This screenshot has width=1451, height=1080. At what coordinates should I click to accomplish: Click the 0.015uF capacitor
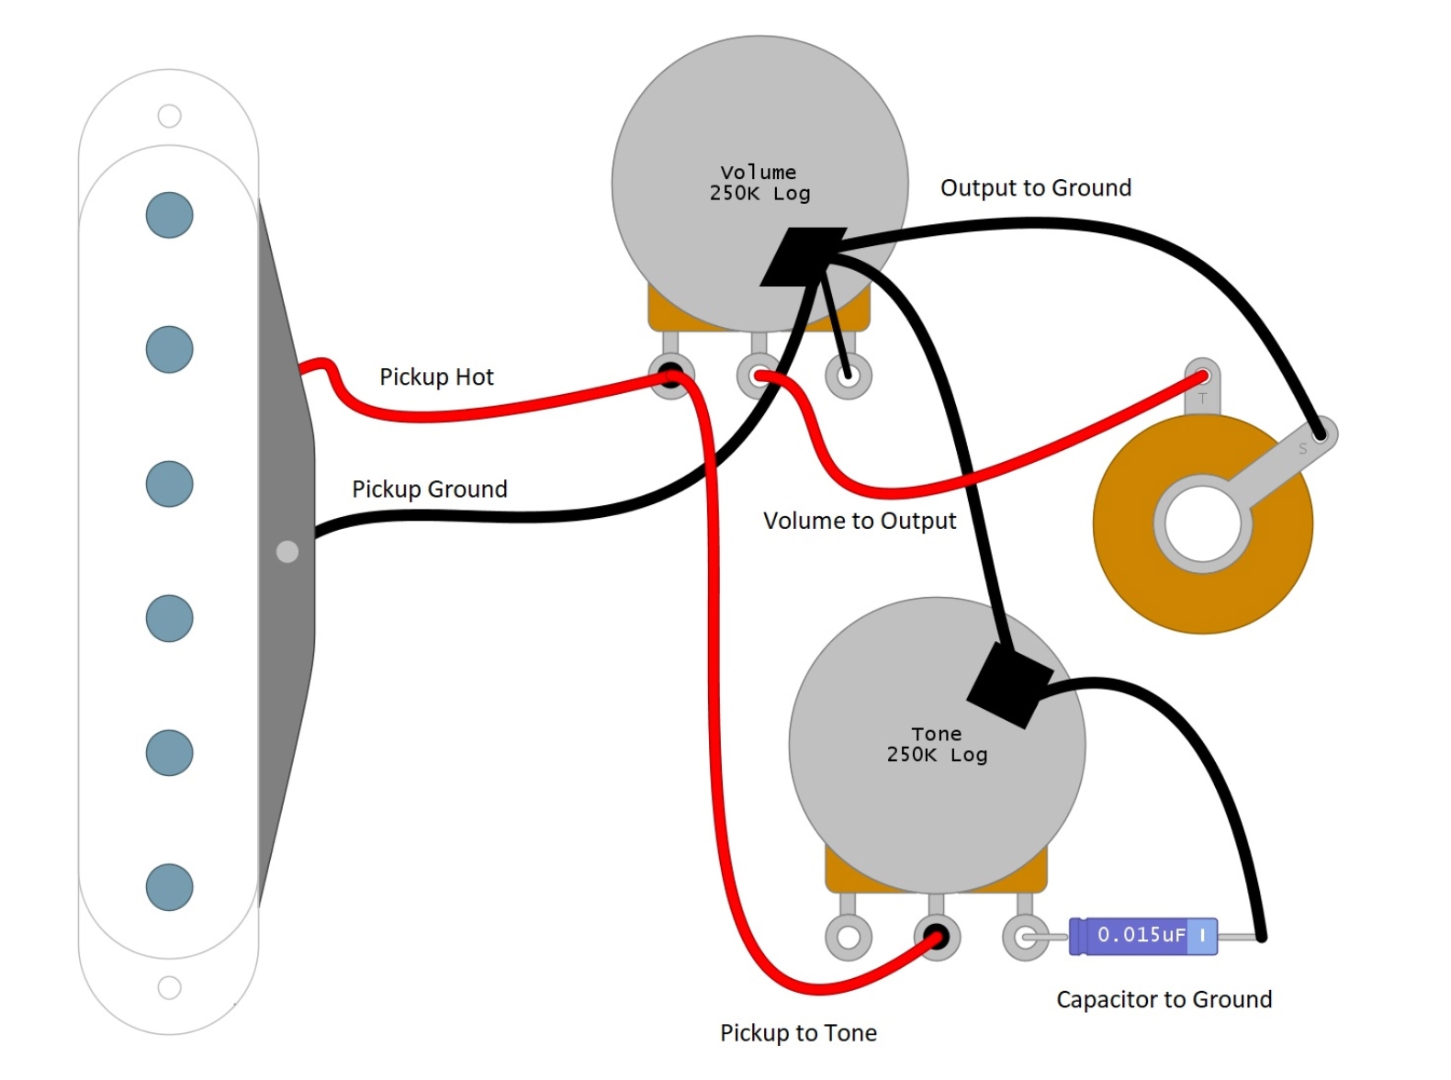(1142, 936)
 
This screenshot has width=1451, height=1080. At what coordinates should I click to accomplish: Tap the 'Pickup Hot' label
(436, 377)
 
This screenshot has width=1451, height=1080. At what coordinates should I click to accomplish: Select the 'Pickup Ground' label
(429, 489)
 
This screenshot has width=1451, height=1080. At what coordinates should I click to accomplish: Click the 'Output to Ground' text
(1035, 188)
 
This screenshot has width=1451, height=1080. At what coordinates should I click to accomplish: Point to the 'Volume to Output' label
(859, 521)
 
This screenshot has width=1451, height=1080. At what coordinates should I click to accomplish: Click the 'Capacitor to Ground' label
(1163, 999)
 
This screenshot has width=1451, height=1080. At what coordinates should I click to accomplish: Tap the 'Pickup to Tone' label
(797, 1033)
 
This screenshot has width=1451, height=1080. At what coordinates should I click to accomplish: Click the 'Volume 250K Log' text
(759, 183)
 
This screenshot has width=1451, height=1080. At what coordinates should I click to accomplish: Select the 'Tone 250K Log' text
(936, 745)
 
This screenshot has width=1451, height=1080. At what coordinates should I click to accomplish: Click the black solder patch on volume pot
(802, 256)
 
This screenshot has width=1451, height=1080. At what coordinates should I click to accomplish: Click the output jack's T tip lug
(1201, 377)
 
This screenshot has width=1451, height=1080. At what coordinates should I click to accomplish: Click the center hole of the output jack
(1202, 524)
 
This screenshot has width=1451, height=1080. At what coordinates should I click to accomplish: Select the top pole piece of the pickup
(170, 215)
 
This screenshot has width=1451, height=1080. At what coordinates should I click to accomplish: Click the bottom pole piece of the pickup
(170, 886)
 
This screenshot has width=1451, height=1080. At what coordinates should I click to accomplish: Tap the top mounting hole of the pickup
(169, 116)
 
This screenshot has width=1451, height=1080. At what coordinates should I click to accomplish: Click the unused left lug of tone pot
(848, 938)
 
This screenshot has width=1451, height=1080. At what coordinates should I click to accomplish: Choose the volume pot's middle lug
(759, 376)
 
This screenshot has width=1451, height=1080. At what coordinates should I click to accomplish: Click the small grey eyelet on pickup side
(287, 551)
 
